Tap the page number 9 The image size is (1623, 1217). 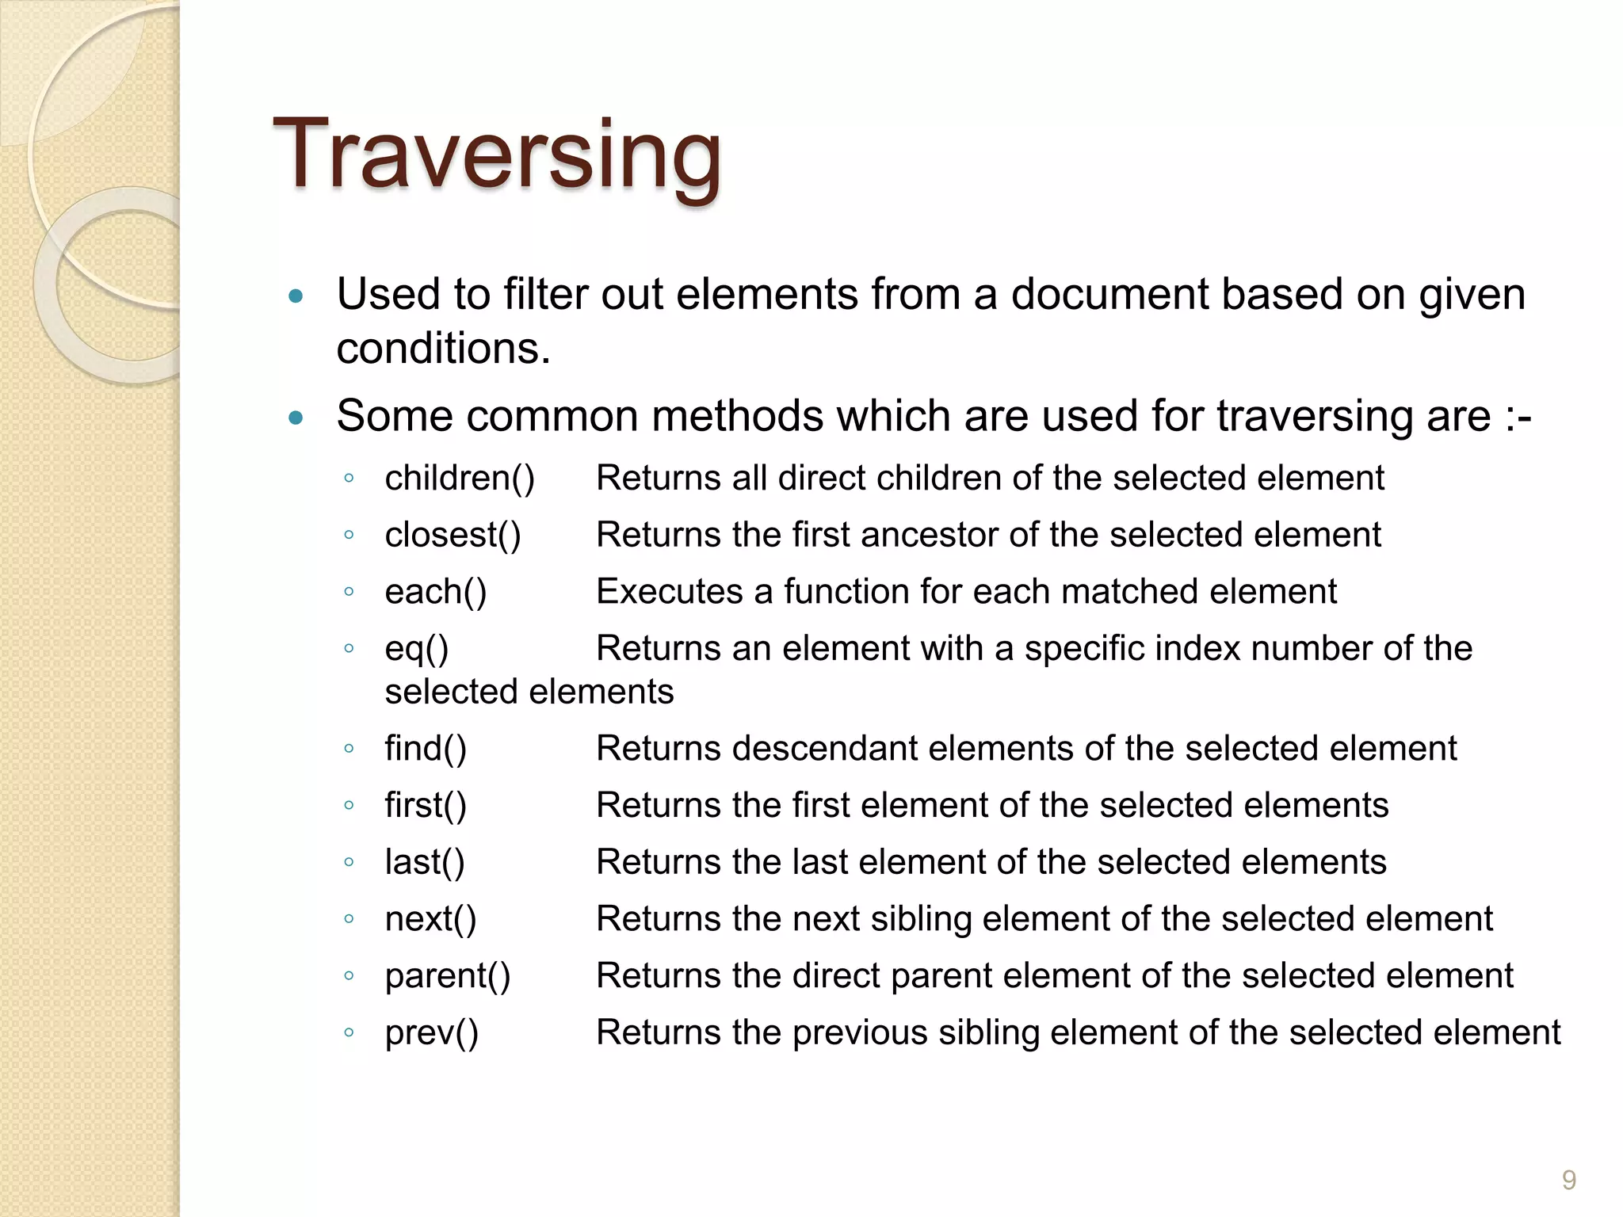(x=1568, y=1181)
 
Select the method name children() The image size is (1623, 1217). (x=460, y=479)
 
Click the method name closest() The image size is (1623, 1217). (x=453, y=536)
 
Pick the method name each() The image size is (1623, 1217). (x=435, y=592)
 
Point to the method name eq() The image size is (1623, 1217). (x=416, y=649)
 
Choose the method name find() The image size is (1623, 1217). (x=426, y=749)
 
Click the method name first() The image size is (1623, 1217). (x=426, y=806)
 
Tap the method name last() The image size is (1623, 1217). (x=425, y=862)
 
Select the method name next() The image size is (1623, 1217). (x=430, y=919)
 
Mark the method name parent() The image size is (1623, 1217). (x=448, y=976)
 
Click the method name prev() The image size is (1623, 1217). (x=431, y=1033)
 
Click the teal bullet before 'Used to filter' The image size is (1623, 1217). (x=296, y=297)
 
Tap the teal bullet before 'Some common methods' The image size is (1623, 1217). (x=296, y=418)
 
